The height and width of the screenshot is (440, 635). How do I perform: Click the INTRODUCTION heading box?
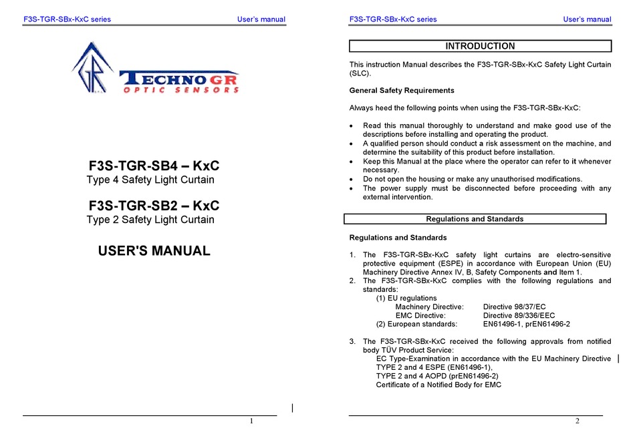click(480, 46)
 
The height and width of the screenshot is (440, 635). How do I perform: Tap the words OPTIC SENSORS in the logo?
click(181, 89)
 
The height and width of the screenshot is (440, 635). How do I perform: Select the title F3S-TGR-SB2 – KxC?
click(154, 206)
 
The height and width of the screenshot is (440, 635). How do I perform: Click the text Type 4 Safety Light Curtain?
click(150, 180)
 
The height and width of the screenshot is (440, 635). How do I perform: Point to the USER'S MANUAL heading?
click(154, 251)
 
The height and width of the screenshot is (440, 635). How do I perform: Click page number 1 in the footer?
click(251, 421)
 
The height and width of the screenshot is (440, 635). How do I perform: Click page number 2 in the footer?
click(578, 421)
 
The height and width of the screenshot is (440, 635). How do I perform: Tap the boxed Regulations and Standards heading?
click(475, 219)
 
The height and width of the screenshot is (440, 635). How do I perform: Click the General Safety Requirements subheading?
click(402, 90)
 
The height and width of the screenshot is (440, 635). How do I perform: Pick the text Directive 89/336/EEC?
click(519, 315)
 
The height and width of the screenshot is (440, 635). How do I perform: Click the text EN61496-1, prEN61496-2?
click(526, 324)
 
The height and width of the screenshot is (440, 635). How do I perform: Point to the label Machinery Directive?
click(429, 306)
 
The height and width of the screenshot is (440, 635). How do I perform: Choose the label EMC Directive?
click(420, 315)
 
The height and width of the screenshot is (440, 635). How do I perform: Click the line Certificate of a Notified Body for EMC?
click(438, 385)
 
